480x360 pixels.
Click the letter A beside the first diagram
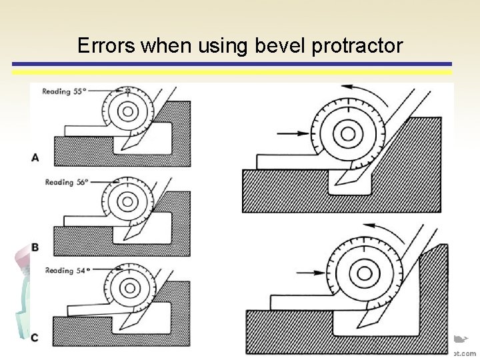click(x=35, y=157)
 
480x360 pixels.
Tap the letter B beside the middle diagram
click(x=35, y=247)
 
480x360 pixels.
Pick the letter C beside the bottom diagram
click(x=35, y=337)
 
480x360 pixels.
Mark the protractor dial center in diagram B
click(x=126, y=201)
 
